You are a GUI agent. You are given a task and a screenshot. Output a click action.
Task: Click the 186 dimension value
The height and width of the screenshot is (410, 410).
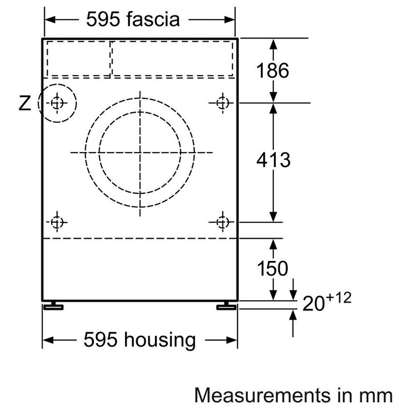pyautogui.click(x=273, y=71)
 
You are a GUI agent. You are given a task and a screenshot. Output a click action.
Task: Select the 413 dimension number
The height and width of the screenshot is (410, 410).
pyautogui.click(x=273, y=160)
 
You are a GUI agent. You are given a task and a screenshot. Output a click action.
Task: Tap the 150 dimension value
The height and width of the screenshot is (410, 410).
pyautogui.click(x=273, y=268)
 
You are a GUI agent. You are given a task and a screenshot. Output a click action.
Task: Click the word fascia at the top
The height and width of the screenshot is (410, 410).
pyautogui.click(x=153, y=19)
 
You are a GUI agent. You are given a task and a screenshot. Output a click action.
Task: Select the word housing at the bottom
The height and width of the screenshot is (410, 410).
pyautogui.click(x=160, y=340)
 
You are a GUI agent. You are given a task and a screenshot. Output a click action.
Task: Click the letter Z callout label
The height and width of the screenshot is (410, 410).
pyautogui.click(x=25, y=103)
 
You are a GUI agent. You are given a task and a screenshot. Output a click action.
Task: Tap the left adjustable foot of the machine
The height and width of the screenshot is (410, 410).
pyautogui.click(x=53, y=306)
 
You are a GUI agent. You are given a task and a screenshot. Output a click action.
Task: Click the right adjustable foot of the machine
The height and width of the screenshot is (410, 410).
pyautogui.click(x=226, y=306)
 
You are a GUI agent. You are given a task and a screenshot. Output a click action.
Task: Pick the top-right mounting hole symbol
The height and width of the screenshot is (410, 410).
pyautogui.click(x=223, y=103)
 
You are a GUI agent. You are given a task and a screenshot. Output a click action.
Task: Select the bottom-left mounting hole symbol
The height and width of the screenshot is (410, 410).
pyautogui.click(x=57, y=222)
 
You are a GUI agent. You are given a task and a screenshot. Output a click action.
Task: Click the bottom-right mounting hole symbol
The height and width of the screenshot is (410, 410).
pyautogui.click(x=223, y=222)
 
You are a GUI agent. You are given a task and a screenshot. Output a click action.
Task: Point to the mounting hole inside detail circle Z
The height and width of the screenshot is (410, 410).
pyautogui.click(x=57, y=103)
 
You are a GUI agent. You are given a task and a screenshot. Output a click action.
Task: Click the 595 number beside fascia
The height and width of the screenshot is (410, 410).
pyautogui.click(x=103, y=19)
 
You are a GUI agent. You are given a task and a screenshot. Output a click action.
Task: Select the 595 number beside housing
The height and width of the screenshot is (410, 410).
pyautogui.click(x=101, y=340)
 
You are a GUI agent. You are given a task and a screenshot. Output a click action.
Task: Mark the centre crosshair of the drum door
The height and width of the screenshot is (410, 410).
pyautogui.click(x=140, y=152)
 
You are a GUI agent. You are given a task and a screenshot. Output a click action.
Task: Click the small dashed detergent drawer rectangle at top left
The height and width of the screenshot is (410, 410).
pyautogui.click(x=79, y=59)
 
